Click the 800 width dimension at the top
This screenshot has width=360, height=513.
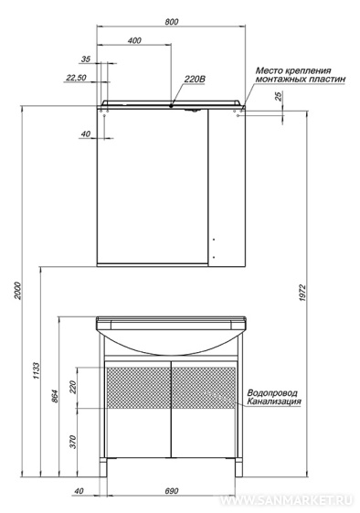tap(172, 22)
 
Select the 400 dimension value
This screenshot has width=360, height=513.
tap(134, 40)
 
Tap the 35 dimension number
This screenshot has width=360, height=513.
tap(86, 59)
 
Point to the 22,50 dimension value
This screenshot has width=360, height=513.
tap(76, 78)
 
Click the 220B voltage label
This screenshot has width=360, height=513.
tap(195, 79)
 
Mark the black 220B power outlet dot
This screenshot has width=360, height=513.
tap(171, 106)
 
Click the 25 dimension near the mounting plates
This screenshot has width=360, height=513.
tap(279, 96)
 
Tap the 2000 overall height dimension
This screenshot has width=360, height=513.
tap(18, 291)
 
